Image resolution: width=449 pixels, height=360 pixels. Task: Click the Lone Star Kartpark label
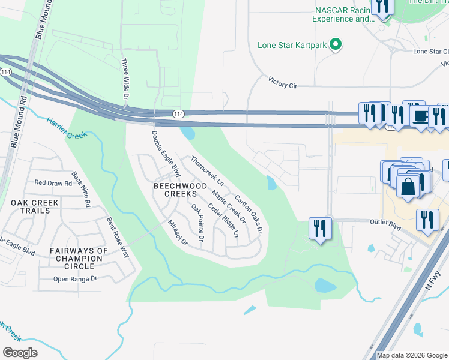pyautogui.click(x=293, y=44)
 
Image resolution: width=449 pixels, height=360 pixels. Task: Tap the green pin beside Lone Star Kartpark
pyautogui.click(x=336, y=44)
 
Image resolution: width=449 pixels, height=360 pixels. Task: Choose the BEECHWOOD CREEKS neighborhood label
pyautogui.click(x=176, y=190)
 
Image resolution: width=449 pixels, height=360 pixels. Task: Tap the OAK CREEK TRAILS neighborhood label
pyautogui.click(x=35, y=207)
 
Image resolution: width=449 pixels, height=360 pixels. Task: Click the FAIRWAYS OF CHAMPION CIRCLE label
pyautogui.click(x=79, y=259)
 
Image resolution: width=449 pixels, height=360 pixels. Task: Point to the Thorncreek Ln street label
pyautogui.click(x=207, y=170)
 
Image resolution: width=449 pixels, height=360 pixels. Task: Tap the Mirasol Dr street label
pyautogui.click(x=178, y=232)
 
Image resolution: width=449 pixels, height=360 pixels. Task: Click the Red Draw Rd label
pyautogui.click(x=53, y=183)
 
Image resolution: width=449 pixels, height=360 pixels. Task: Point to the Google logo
pyautogui.click(x=20, y=352)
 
